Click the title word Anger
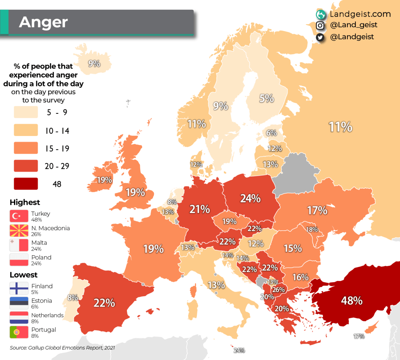pos(43,22)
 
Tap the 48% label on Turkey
pos(352,301)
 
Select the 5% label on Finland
pos(267,98)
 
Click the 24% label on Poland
pos(250,199)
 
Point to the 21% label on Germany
pos(200,210)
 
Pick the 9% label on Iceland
pos(94,63)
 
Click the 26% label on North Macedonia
pos(278,290)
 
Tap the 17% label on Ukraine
pos(317,211)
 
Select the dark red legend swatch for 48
pos(26,184)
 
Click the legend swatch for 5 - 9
pos(26,112)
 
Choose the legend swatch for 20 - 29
pos(26,166)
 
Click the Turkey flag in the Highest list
pos(19,216)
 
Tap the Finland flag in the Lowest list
pos(19,288)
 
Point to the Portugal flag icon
pos(19,332)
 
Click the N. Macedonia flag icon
pos(19,231)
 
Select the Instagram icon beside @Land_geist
pos(320,25)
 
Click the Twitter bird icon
pos(320,37)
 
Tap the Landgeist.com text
pos(360,14)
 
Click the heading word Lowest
pos(23,275)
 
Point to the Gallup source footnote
pos(62,347)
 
